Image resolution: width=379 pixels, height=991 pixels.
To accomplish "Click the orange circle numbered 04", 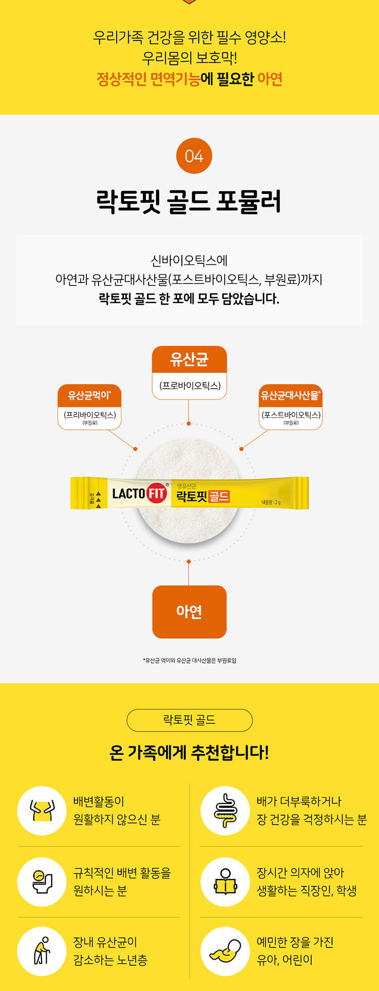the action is pyautogui.click(x=194, y=156).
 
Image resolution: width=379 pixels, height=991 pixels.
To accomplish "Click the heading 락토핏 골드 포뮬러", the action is pyautogui.click(x=189, y=201).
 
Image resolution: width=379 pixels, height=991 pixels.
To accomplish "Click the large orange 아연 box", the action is pyautogui.click(x=189, y=611).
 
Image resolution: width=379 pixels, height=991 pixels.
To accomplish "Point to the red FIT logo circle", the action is pyautogui.click(x=157, y=493).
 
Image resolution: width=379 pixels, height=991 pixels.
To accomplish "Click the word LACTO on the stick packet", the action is pyautogui.click(x=128, y=493).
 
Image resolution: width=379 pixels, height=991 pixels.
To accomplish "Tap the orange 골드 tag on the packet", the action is pyautogui.click(x=218, y=496).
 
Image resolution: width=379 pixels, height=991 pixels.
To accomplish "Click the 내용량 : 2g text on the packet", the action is pyautogui.click(x=271, y=502).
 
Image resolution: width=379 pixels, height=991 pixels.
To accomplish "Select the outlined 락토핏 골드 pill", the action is pyautogui.click(x=189, y=720).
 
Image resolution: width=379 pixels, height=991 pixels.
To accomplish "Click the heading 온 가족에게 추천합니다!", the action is pyautogui.click(x=189, y=752).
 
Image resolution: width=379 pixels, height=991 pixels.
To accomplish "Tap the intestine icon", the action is pyautogui.click(x=225, y=810).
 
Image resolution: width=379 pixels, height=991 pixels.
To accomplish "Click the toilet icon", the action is pyautogui.click(x=42, y=881).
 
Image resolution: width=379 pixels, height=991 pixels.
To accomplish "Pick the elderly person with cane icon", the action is pyautogui.click(x=42, y=951).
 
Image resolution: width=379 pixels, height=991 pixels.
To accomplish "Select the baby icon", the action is pyautogui.click(x=225, y=951).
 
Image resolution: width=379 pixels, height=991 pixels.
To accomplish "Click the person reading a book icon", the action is pyautogui.click(x=225, y=881).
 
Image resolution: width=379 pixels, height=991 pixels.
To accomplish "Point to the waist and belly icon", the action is pyautogui.click(x=42, y=810).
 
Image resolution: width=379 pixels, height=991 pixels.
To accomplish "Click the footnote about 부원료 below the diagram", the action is pyautogui.click(x=189, y=660).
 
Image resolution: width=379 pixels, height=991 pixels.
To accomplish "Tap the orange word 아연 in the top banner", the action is pyautogui.click(x=270, y=79).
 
